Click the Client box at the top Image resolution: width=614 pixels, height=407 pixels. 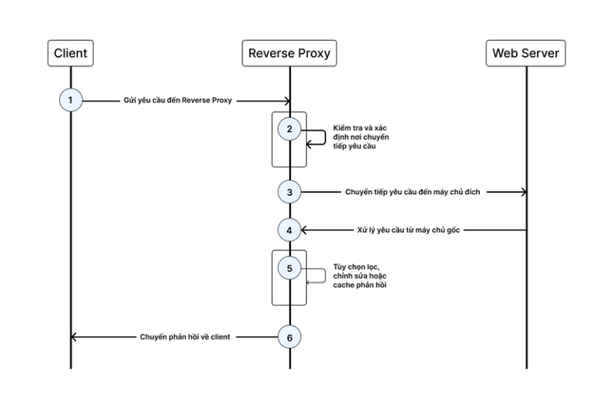pos(70,54)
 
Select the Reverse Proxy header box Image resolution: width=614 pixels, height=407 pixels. pos(289,54)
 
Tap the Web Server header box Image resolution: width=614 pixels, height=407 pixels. pos(526,54)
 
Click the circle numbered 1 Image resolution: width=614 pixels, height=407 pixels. pos(70,101)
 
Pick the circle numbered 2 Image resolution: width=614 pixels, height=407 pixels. pos(289,129)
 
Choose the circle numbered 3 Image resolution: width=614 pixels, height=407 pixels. pos(289,192)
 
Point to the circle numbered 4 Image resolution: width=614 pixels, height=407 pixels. pos(289,230)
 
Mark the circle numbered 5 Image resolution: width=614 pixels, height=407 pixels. pos(289,268)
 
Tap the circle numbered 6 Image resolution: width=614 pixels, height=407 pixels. pos(289,337)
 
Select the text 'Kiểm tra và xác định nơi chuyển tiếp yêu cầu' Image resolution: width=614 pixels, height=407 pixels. pos(360,137)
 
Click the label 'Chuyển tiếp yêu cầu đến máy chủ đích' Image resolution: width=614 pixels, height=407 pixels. pos(415,192)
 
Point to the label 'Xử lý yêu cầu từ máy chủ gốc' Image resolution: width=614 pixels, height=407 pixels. pos(409,230)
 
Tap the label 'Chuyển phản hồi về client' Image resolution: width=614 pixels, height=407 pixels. pos(185,337)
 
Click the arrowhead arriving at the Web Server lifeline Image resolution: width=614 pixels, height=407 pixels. pos(523,192)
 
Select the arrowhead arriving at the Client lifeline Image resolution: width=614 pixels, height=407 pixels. pos(74,337)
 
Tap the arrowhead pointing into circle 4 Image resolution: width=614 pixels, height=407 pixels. pos(304,230)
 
